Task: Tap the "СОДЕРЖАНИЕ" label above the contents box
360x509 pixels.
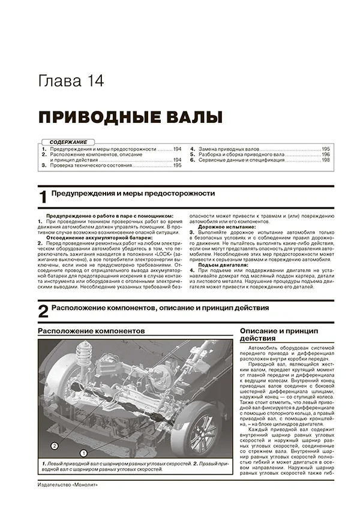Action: click(x=68, y=141)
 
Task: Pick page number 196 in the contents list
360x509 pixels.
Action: click(x=326, y=154)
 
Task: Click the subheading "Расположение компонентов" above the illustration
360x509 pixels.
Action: click(x=91, y=331)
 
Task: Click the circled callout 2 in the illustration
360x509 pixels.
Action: click(x=55, y=445)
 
